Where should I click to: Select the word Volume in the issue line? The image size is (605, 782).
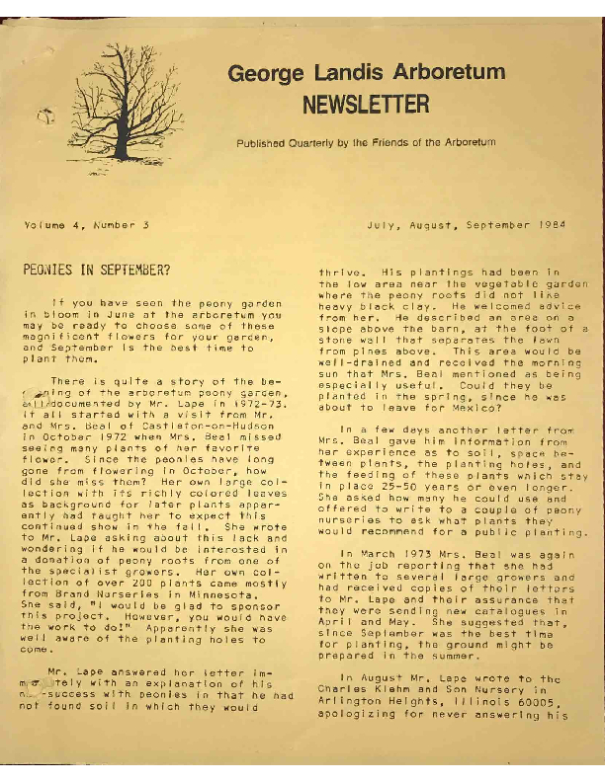pyautogui.click(x=43, y=225)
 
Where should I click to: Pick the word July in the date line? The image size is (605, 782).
pyautogui.click(x=385, y=225)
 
